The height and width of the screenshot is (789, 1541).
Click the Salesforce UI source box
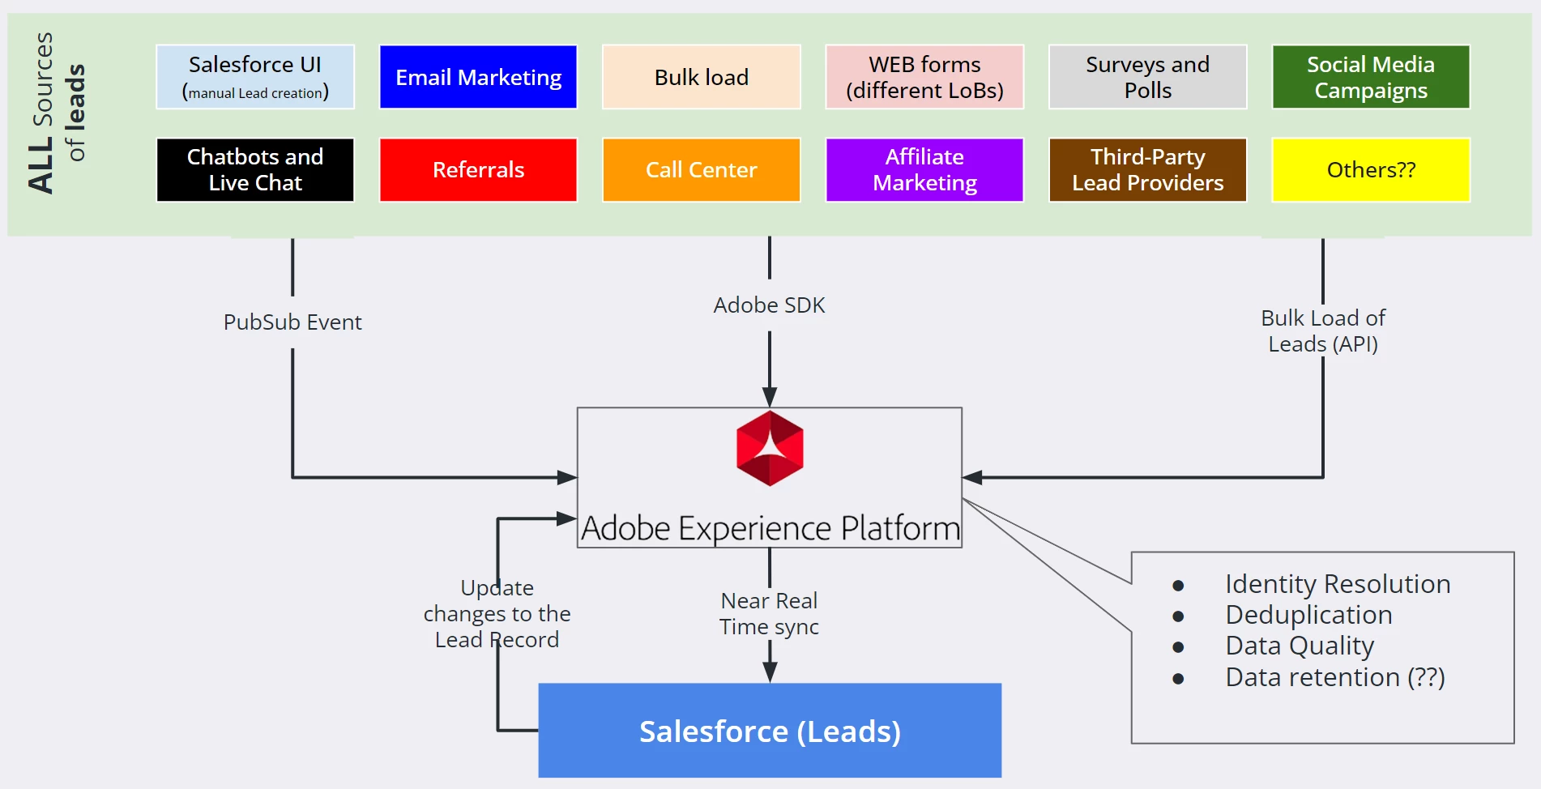255,77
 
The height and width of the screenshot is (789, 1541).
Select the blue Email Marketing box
478,77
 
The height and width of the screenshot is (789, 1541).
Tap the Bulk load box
702,77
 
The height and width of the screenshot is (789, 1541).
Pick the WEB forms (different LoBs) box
924,77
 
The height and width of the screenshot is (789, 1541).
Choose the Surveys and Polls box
1147,77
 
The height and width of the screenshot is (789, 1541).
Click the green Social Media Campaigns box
1371,77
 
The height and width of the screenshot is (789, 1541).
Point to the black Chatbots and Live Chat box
255,169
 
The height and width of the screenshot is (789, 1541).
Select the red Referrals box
478,169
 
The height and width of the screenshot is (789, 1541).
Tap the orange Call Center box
702,169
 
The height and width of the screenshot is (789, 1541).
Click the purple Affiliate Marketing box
924,169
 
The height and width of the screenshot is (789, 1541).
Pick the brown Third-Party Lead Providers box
1147,169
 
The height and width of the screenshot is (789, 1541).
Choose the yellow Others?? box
1371,169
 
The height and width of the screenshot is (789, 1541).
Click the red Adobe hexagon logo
770,448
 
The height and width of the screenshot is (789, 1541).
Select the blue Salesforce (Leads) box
770,731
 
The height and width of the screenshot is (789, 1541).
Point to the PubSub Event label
292,322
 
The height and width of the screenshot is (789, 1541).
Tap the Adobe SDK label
769,305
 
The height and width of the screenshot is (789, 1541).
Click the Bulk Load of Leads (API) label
1323,331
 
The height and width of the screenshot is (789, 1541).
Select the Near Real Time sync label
769,613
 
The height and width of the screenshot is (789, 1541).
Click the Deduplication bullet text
1308,615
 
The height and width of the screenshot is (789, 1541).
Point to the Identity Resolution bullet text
1338,584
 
